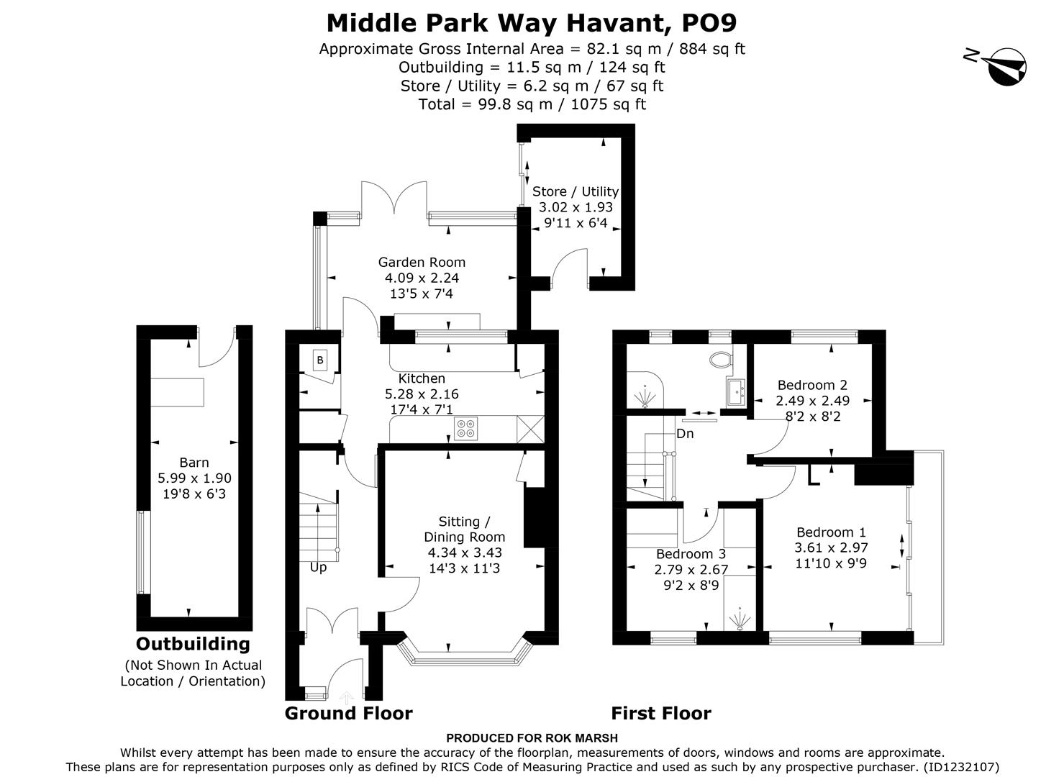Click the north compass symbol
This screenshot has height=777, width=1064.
coord(1006,65)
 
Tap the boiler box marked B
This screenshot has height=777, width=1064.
coord(320,360)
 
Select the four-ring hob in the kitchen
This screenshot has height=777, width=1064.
coord(466,429)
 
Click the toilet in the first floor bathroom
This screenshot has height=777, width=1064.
coord(719,358)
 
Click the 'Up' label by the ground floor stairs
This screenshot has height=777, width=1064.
coord(318,567)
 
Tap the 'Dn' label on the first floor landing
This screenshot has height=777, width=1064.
coord(685,434)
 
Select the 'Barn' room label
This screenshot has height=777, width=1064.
coord(194,463)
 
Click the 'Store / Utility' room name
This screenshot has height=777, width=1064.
coord(575,191)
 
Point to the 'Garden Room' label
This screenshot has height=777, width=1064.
coord(422,263)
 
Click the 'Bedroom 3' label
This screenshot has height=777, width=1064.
coord(691,554)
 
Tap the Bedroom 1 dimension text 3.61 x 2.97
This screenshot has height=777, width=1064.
coord(831,547)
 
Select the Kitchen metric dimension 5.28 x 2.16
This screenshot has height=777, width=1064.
coord(422,394)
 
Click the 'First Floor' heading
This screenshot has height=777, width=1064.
coord(660,713)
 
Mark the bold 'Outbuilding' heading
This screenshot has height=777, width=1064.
coord(193,644)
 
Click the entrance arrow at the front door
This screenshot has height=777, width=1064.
coord(347,696)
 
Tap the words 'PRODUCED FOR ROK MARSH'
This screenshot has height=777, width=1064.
coord(532,738)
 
